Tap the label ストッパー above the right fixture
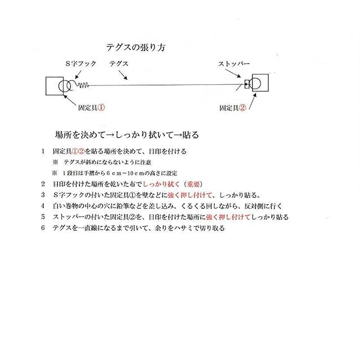pos(233,65)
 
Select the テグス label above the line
pos(119,65)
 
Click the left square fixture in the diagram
pos(55,86)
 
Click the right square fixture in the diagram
pos(260,84)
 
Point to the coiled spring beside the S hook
pos(83,86)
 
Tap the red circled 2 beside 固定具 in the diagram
pos(242,107)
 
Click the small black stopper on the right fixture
pos(247,85)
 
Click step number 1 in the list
pos(43,152)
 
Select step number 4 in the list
pos(43,206)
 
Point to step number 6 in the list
pos(43,228)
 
